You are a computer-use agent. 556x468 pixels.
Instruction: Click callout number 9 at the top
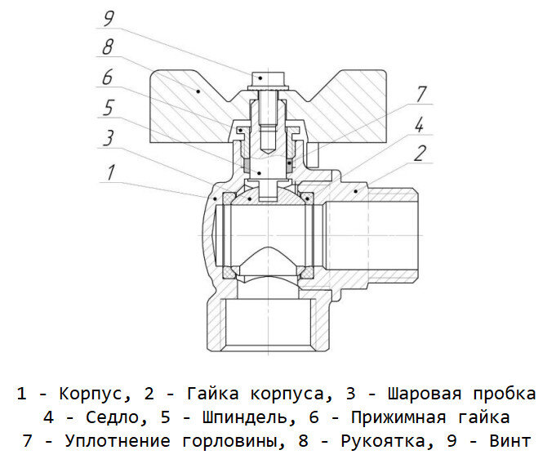coord(109,16)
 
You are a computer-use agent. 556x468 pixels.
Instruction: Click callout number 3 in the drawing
coord(108,136)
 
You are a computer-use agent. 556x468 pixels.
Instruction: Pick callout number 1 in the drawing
coord(108,172)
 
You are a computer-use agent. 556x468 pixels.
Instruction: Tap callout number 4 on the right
coord(418,125)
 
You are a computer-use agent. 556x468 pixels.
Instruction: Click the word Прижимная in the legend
coord(397,418)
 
